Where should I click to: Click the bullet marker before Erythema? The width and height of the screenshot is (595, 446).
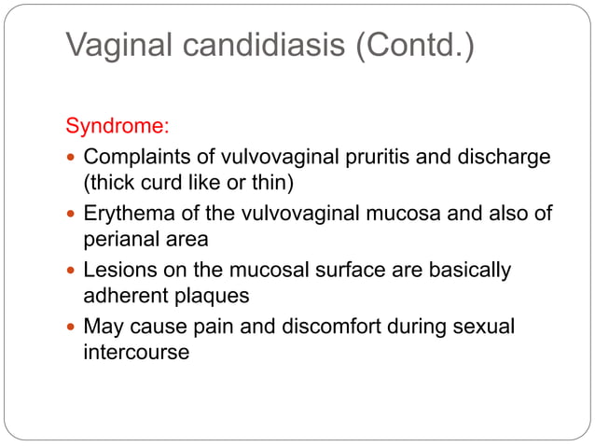72,214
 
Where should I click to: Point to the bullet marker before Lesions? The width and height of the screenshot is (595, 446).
72,272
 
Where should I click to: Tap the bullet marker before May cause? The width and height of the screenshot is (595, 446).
72,328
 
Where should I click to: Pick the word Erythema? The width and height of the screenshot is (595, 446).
126,214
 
